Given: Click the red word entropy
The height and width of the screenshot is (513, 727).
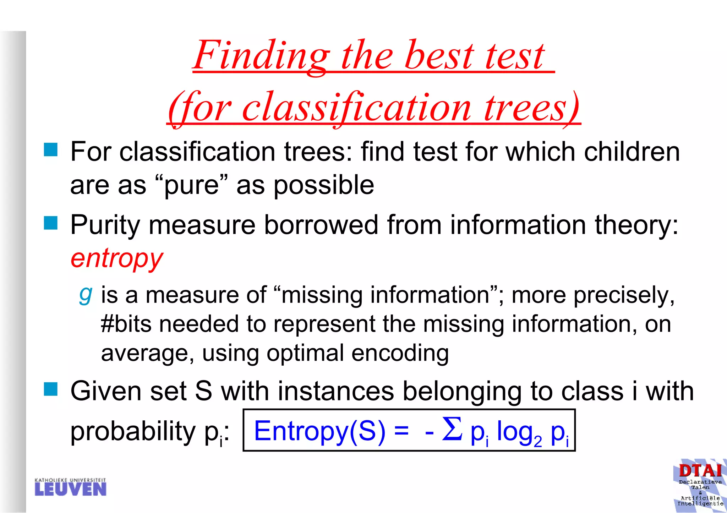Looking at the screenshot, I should (117, 258).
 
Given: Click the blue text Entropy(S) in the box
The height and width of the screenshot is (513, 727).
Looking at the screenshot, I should (319, 431).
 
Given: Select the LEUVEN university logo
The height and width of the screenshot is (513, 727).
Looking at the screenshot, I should (71, 487).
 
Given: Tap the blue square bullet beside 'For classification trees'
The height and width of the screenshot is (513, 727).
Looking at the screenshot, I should (51, 149).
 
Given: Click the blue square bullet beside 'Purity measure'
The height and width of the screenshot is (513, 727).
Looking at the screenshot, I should (51, 223).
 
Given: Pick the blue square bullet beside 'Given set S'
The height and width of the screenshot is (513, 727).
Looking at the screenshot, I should (51, 389).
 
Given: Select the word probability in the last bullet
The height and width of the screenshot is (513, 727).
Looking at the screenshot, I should (133, 431).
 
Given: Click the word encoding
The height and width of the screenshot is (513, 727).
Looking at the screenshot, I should (400, 353).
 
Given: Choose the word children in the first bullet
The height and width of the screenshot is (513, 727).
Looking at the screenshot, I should (632, 152).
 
